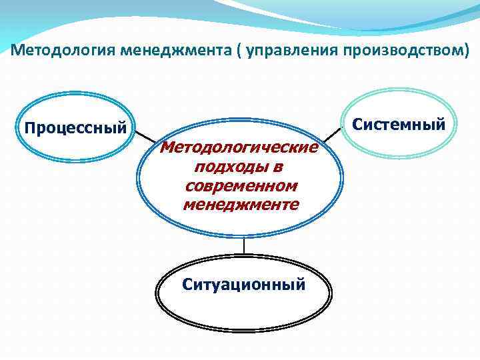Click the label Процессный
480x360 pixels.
tap(75, 127)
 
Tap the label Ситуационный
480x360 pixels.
tap(244, 285)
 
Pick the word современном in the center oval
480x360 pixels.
tap(241, 185)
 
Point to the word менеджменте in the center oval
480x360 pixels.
tap(241, 204)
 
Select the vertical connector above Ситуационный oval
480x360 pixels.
tap(244, 246)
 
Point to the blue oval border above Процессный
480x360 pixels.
tap(75, 93)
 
